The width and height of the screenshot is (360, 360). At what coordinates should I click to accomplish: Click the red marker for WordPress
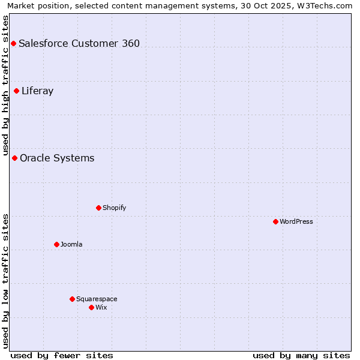[275, 221]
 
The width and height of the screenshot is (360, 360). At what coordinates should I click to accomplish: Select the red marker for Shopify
[98, 208]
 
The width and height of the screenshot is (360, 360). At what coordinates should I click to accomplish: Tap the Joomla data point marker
[56, 244]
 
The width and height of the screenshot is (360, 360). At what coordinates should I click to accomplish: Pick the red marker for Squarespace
[72, 299]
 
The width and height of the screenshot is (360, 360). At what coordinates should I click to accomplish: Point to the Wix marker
[91, 307]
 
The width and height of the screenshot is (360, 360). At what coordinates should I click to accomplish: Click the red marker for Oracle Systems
[14, 158]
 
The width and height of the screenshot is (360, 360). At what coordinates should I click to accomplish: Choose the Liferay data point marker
[16, 91]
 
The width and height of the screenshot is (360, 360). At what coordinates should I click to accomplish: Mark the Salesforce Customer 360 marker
[13, 43]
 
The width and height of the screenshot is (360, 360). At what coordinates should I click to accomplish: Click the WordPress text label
[296, 221]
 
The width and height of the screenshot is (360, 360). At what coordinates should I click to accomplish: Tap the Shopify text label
[114, 208]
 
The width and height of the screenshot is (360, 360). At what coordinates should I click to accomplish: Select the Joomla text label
[71, 244]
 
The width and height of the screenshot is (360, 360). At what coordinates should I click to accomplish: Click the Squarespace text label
[97, 299]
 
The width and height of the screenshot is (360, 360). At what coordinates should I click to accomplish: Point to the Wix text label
[101, 307]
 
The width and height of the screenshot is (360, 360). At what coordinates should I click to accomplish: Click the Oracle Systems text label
[57, 158]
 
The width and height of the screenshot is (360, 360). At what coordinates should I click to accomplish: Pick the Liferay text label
[37, 91]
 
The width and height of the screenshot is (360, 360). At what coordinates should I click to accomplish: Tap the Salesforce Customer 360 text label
[79, 43]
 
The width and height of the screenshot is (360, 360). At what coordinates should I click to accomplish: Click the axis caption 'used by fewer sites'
[62, 355]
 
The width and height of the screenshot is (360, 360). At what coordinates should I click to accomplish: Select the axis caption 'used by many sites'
[301, 355]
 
